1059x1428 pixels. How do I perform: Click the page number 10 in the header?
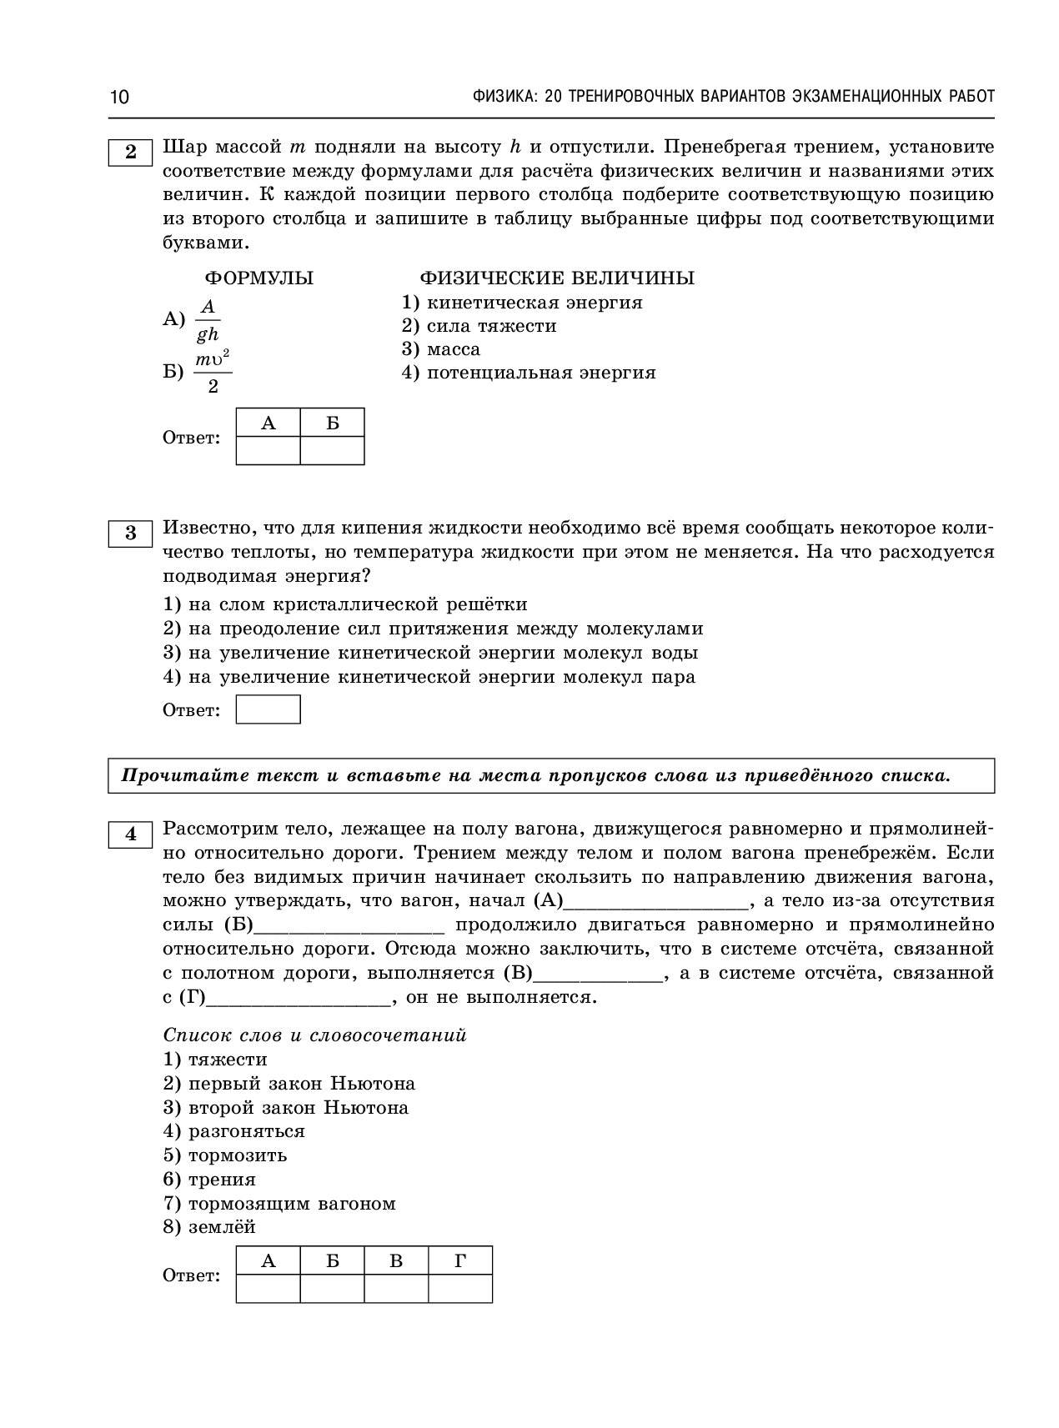(x=119, y=97)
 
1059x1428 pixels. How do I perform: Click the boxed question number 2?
(x=130, y=152)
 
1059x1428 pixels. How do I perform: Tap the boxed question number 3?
(x=130, y=533)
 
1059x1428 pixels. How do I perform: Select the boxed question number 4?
(x=130, y=834)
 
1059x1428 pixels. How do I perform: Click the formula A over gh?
(x=207, y=321)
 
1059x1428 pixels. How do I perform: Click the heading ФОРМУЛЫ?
(x=259, y=278)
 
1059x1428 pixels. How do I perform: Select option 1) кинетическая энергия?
(x=522, y=303)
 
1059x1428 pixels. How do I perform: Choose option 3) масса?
(x=441, y=349)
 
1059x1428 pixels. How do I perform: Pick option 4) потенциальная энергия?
(x=529, y=373)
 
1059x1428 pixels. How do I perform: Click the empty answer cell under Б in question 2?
(x=332, y=450)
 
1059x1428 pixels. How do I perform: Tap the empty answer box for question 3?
(x=268, y=710)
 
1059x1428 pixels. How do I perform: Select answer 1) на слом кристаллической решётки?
(x=345, y=604)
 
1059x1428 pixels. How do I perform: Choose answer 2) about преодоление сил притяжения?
(x=433, y=629)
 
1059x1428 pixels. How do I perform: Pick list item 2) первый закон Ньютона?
(x=289, y=1084)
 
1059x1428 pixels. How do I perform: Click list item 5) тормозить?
(x=225, y=1155)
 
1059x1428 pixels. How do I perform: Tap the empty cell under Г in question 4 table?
(x=459, y=1289)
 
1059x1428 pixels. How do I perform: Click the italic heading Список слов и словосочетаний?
(x=315, y=1035)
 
